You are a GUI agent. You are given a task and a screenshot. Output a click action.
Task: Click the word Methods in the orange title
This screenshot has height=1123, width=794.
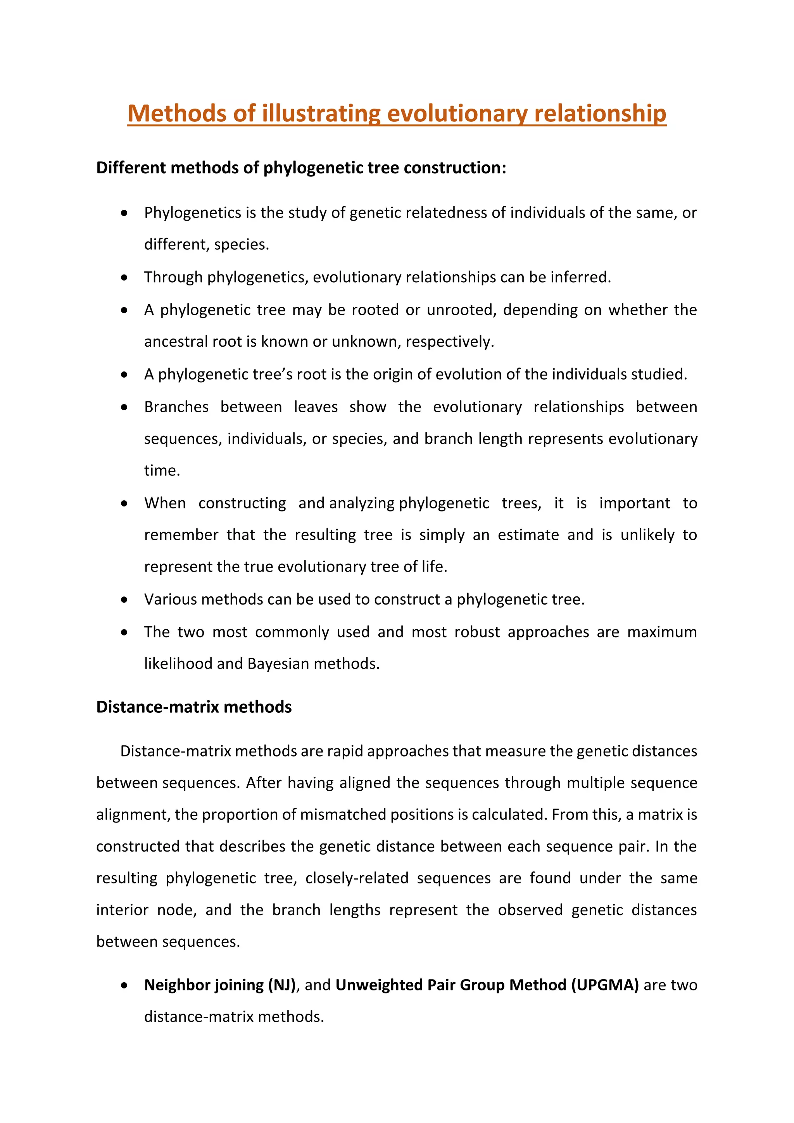click(176, 114)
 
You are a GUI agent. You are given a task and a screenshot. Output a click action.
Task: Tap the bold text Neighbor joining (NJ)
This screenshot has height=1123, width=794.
click(220, 985)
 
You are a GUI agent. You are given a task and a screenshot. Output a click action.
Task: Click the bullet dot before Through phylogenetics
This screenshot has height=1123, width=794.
click(125, 278)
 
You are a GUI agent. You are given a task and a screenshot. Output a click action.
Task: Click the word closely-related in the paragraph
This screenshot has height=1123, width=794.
click(356, 878)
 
